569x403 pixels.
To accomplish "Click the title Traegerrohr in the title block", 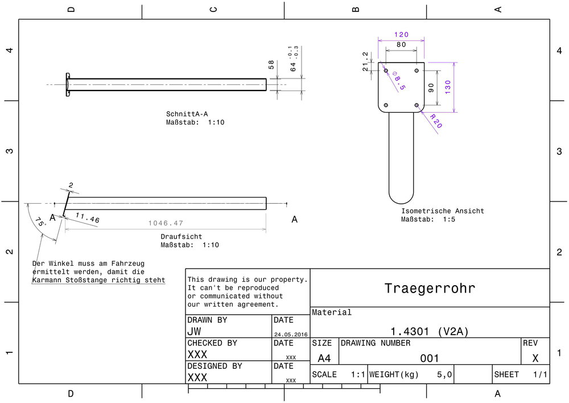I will (x=430, y=288).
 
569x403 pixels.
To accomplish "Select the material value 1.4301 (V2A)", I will (x=430, y=331).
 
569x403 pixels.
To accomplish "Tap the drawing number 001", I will (x=430, y=358).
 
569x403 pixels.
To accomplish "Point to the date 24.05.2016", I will (x=290, y=334).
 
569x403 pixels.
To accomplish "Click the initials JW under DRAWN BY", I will (x=194, y=331).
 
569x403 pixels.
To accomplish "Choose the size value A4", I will (x=324, y=358).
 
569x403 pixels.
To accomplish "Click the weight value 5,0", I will (x=444, y=375).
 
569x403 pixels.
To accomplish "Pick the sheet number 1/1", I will (x=540, y=375).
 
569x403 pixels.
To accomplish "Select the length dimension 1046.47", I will (x=166, y=224).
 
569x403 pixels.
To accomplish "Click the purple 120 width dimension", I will (x=401, y=35).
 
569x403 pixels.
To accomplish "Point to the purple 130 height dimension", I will (x=449, y=87).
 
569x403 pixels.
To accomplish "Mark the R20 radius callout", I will (x=435, y=121).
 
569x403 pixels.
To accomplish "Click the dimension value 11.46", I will (x=87, y=218).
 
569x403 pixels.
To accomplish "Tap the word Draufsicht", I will (x=181, y=236).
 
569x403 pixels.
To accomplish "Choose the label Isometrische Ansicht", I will (x=442, y=211).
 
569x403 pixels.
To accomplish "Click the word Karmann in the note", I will (x=48, y=280).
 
